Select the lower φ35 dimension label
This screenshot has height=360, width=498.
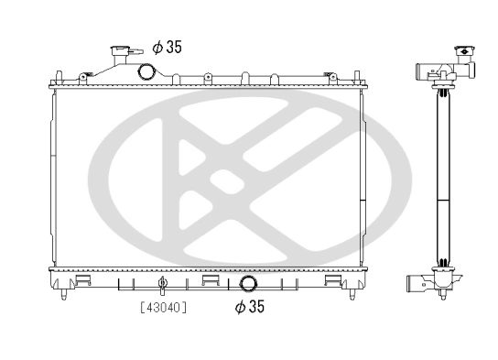tap(250, 307)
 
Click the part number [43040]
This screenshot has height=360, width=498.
tap(163, 308)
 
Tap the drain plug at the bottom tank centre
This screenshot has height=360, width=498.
tap(162, 283)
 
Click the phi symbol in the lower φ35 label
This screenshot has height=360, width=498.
tap(240, 307)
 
